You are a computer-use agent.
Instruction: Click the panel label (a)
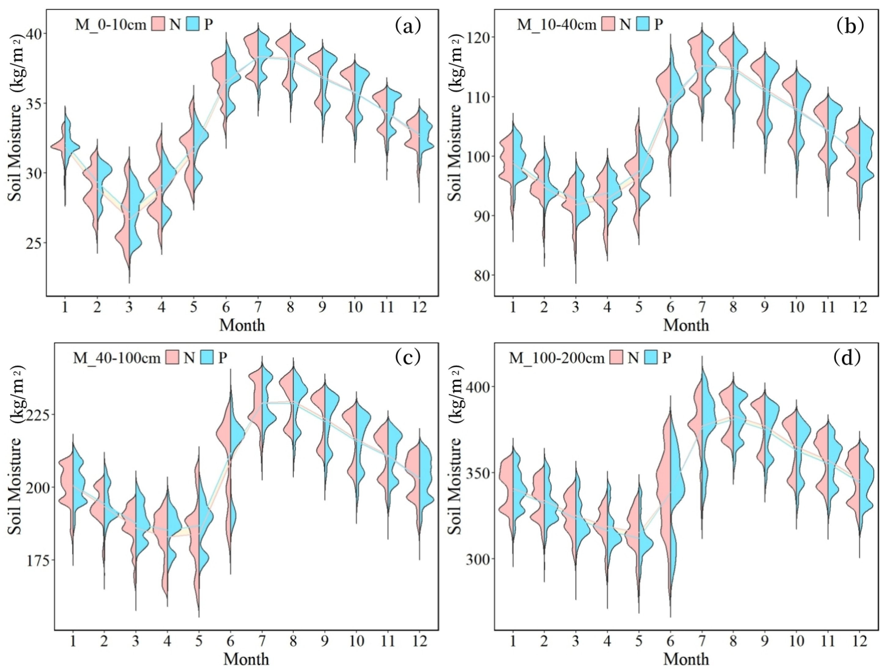click(408, 26)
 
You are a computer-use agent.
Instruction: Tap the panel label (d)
click(847, 358)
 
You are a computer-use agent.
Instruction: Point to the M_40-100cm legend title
click(116, 358)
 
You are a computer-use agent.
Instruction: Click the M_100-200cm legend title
click(556, 358)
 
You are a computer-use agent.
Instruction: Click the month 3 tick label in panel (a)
click(129, 307)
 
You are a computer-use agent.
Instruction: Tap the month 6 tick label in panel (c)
click(230, 641)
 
